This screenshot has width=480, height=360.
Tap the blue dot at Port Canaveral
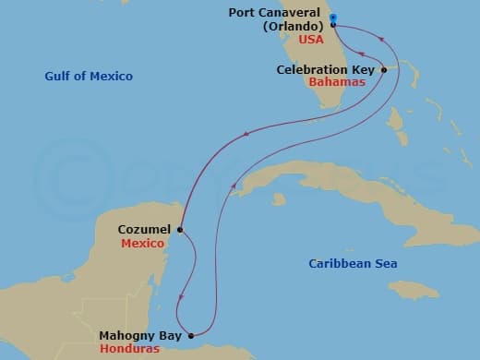point(332,17)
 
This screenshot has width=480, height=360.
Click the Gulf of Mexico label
point(89,76)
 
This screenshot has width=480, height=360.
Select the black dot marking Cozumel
point(180,230)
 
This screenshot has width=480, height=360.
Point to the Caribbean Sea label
point(353,264)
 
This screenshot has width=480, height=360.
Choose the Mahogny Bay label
point(137,323)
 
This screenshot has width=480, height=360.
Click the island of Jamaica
point(419,293)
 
